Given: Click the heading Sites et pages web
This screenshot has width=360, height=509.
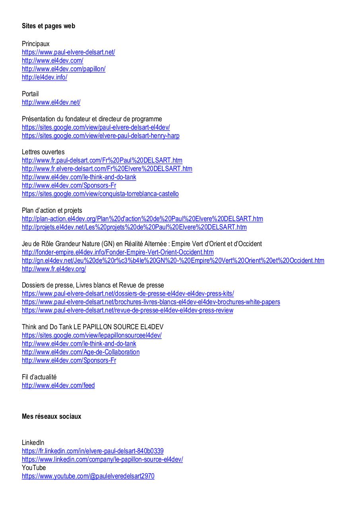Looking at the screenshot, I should [49, 26].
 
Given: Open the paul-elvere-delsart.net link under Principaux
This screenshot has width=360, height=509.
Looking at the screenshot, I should [68, 52].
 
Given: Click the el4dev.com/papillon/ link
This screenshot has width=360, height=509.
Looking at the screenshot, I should [64, 69].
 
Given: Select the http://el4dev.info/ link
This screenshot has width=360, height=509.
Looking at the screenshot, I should [45, 78].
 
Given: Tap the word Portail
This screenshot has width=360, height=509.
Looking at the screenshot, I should [30, 94].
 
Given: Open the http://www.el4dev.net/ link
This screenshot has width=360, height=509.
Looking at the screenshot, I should [51, 103].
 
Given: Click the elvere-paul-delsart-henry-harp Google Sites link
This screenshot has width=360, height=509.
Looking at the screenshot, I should [101, 136].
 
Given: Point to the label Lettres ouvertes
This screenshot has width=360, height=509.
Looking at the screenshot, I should [43, 152].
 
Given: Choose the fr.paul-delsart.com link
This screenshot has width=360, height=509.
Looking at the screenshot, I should [102, 161].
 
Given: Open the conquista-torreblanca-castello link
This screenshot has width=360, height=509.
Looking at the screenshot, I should [100, 194].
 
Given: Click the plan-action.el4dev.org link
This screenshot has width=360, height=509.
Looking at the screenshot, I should [142, 219].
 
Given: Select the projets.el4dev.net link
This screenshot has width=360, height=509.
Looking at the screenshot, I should [134, 227].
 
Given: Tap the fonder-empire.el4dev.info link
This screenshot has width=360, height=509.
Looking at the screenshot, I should [118, 253].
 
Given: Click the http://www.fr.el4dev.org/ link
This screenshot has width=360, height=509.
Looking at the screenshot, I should [54, 269].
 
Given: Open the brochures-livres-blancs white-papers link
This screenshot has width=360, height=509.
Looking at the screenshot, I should [151, 302].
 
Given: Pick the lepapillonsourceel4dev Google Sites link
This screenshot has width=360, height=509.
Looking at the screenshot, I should [91, 336].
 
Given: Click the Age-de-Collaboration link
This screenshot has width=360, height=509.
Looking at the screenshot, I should [81, 352].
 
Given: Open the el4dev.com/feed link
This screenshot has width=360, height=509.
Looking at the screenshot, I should [58, 386].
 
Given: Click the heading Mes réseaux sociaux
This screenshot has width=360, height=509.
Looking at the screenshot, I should [51, 417].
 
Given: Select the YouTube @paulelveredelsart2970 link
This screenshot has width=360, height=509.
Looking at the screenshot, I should [88, 476].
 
